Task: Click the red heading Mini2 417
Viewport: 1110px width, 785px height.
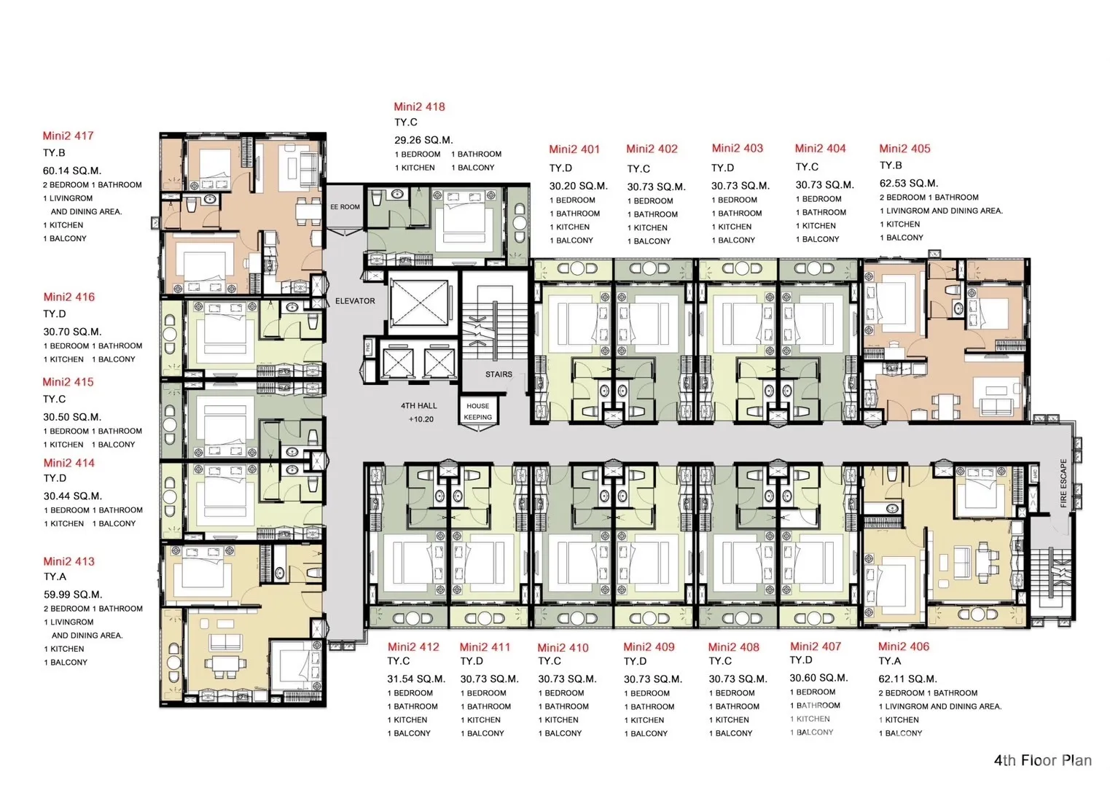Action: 68,136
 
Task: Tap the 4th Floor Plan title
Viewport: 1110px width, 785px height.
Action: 1043,760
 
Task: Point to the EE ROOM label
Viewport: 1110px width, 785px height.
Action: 345,207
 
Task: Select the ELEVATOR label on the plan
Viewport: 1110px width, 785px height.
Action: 355,301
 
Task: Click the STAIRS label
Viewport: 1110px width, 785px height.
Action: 499,374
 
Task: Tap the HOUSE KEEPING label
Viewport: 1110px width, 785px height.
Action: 477,411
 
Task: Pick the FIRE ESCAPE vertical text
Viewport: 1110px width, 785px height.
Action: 1063,483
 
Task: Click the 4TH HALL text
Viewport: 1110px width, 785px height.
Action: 419,405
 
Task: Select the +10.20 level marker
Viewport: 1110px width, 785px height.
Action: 421,419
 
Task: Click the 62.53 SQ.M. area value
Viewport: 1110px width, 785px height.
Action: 909,184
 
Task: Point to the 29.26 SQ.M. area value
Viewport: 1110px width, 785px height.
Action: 423,140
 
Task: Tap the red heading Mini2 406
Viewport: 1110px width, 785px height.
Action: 903,647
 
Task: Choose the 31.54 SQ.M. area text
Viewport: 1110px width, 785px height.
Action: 416,679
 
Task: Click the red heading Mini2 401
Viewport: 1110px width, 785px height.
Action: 574,149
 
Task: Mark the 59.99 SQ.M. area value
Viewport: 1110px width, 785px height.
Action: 73,595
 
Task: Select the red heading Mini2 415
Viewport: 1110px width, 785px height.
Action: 68,382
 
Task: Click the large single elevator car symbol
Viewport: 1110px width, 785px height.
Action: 419,302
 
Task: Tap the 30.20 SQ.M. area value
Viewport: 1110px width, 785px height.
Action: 578,187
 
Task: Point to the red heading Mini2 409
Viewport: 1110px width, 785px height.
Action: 649,647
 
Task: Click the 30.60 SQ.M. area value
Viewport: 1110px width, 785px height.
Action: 818,678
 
